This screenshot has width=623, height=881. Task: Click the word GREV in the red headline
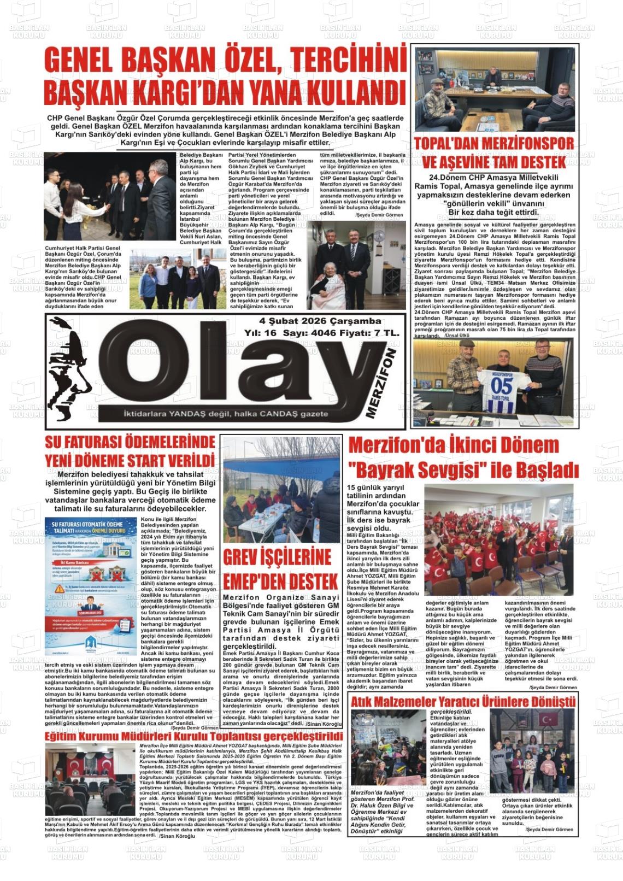click(x=246, y=557)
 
